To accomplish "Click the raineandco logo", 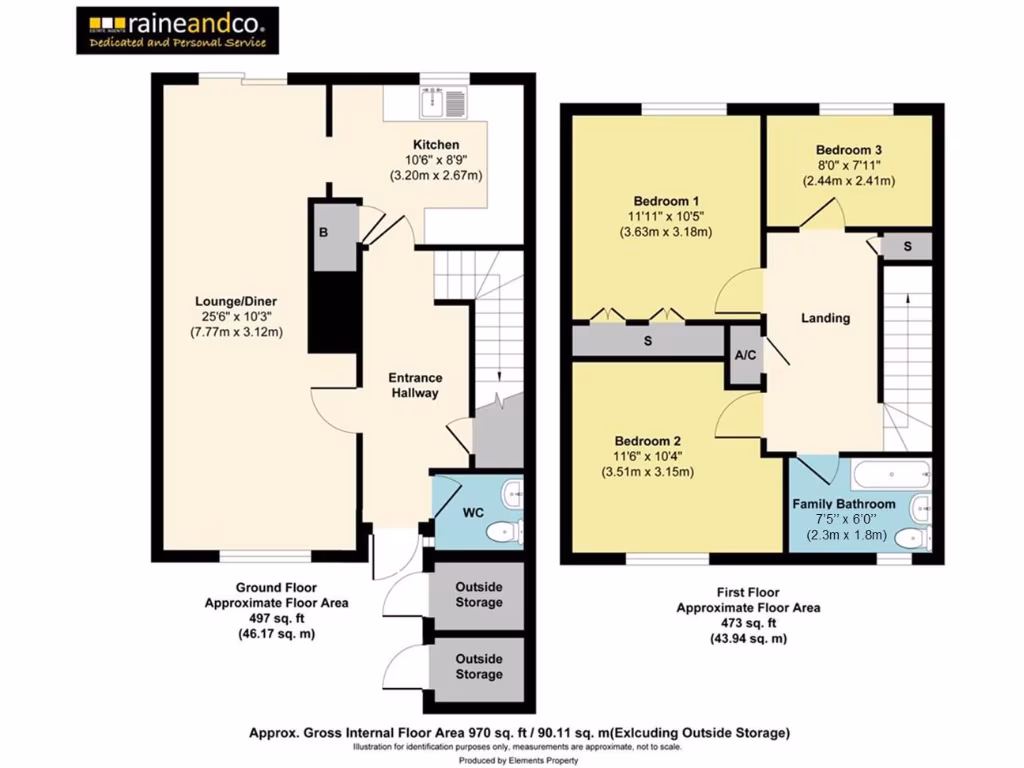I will click(x=177, y=30).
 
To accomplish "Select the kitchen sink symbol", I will click(x=444, y=101).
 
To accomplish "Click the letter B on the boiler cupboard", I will click(x=323, y=233).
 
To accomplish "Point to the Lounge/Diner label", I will click(x=236, y=301).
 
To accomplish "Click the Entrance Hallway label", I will click(x=415, y=385).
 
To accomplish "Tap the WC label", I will click(x=473, y=513).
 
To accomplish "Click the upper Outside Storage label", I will click(x=479, y=595).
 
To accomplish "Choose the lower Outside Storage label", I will click(x=479, y=667).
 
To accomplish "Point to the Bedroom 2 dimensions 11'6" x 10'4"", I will click(x=648, y=457).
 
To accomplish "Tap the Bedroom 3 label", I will click(x=847, y=149).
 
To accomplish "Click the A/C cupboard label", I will click(x=744, y=356).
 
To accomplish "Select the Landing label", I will click(x=825, y=318).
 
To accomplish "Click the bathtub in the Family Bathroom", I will click(x=890, y=474).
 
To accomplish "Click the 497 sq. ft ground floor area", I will click(x=276, y=618).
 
